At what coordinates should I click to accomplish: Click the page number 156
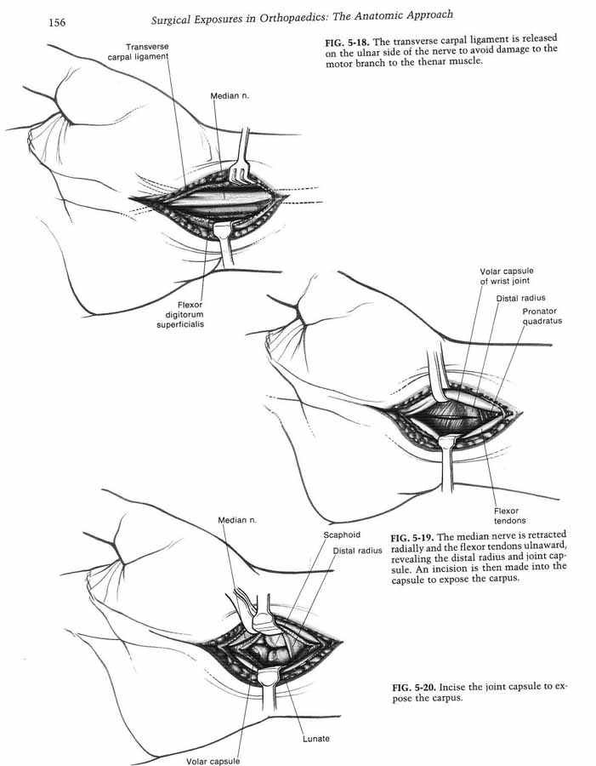click(57, 22)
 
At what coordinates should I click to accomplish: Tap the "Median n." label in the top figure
click(230, 95)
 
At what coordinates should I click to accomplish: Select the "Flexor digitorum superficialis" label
click(180, 315)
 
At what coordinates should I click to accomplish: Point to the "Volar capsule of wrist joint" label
click(506, 276)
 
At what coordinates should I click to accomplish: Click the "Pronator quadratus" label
click(542, 316)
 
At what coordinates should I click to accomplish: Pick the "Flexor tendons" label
click(509, 516)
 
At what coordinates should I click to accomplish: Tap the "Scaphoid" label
click(342, 535)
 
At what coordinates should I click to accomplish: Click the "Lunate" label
click(315, 739)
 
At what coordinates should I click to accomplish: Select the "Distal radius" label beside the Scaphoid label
click(357, 551)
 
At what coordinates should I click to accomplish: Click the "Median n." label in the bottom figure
click(237, 520)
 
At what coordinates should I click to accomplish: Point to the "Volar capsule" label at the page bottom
click(213, 761)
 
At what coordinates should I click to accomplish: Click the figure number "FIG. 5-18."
click(347, 42)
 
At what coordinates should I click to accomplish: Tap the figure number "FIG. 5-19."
click(412, 537)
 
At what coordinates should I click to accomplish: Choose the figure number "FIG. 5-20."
click(414, 688)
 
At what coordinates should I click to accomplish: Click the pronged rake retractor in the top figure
click(242, 159)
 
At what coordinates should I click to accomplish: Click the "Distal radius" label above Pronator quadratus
click(521, 298)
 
